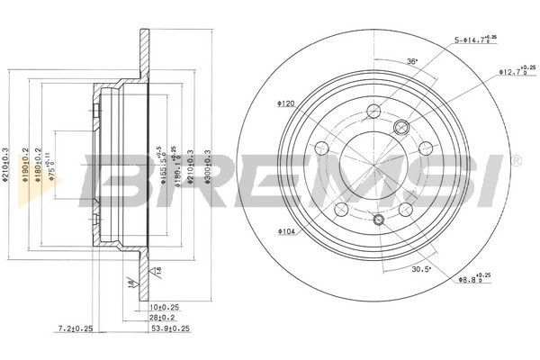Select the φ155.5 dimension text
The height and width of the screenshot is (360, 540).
[x=161, y=165]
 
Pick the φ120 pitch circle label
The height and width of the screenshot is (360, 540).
[x=286, y=103]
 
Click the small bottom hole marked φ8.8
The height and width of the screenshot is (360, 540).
[x=379, y=220]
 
